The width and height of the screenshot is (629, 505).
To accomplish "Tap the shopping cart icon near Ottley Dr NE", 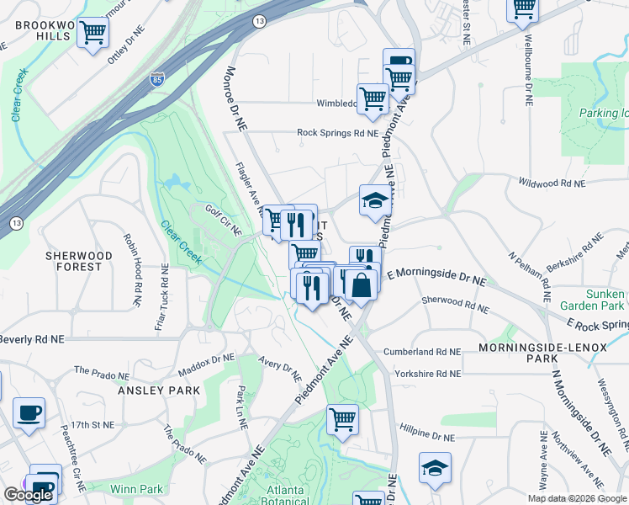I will tap(93, 34).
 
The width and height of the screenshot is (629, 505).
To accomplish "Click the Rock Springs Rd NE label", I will tap(337, 132).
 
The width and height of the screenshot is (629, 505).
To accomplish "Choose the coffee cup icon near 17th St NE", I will tap(29, 413).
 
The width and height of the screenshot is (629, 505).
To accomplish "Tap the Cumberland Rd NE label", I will tap(422, 352).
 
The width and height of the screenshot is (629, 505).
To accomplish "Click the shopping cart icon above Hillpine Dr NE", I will tap(342, 419).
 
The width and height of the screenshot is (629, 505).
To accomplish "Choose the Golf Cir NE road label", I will tap(224, 219).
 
